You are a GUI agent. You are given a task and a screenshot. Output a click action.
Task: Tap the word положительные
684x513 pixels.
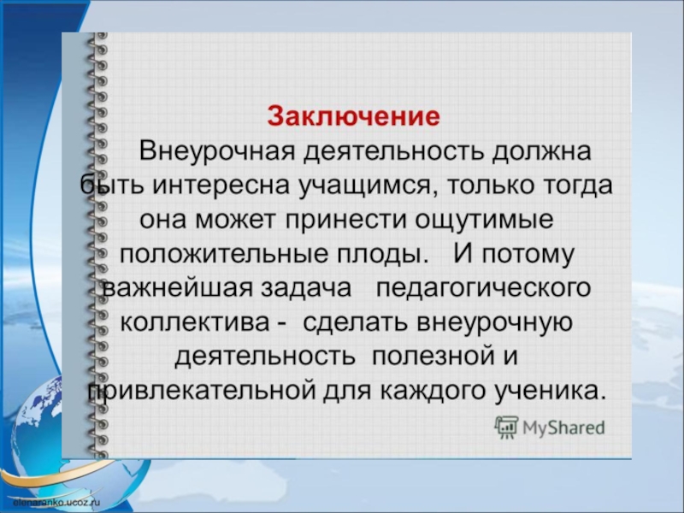pos(215,254)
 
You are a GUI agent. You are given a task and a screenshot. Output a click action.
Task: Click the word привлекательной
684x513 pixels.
pos(198,391)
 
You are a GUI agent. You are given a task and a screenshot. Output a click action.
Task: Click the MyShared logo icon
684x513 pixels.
pos(506,427)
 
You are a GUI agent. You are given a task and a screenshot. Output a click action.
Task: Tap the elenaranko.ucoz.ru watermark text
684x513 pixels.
pos(51,504)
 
